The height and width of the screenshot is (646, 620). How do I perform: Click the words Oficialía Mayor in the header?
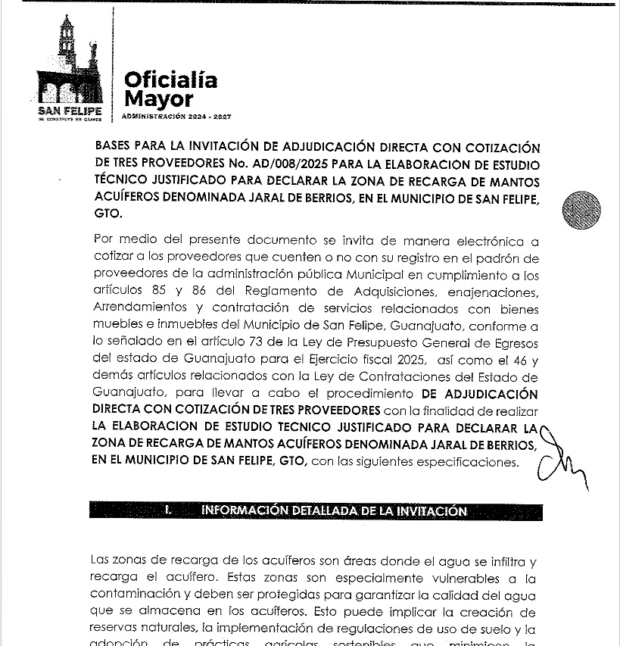click(x=170, y=89)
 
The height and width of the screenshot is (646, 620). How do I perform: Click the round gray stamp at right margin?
click(x=581, y=210)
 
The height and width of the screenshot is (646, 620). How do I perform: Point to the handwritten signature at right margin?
click(x=559, y=459)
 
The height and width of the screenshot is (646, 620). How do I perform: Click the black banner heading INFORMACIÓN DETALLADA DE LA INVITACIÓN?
click(x=334, y=510)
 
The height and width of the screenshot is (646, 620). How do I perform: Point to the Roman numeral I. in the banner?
click(x=168, y=510)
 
